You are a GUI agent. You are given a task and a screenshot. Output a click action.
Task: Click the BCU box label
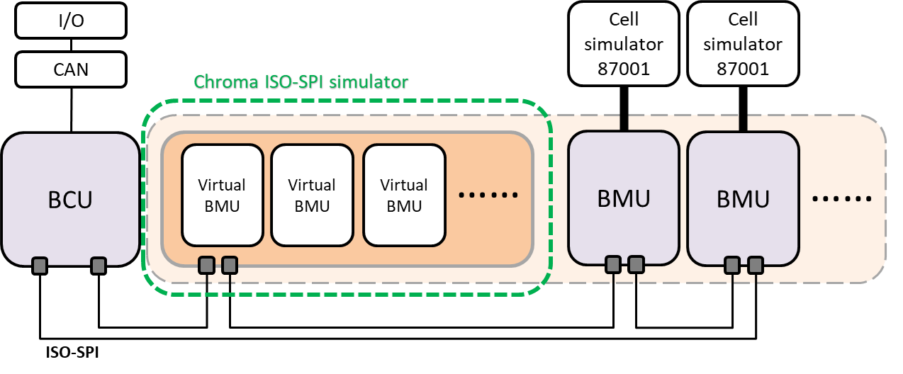[70, 200]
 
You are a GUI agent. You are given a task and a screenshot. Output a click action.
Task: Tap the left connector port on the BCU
[40, 266]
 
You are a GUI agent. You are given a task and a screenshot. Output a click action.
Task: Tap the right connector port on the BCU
[99, 266]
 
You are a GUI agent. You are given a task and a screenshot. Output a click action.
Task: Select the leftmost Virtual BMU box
[223, 195]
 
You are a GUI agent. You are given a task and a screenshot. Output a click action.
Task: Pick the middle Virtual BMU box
[312, 195]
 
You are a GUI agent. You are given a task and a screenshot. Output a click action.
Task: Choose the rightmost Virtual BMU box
[404, 195]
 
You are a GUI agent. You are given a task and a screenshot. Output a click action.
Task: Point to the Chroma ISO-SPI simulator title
[301, 82]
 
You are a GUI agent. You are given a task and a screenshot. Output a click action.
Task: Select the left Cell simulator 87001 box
[623, 44]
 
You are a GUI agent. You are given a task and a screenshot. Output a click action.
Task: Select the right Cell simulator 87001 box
[743, 44]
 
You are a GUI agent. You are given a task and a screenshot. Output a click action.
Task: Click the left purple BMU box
[623, 198]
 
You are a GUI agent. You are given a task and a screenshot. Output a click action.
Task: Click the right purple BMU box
[743, 198]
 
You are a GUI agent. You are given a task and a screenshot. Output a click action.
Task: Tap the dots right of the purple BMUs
[841, 199]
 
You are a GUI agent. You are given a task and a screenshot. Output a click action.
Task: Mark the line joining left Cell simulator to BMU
[624, 122]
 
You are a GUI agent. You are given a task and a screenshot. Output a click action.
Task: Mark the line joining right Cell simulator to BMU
[743, 122]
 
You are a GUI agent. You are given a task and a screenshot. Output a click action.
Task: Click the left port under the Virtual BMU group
[206, 266]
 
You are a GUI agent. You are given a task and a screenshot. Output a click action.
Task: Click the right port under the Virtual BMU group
[229, 266]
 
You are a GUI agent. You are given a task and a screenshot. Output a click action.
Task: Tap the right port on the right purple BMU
[755, 265]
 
